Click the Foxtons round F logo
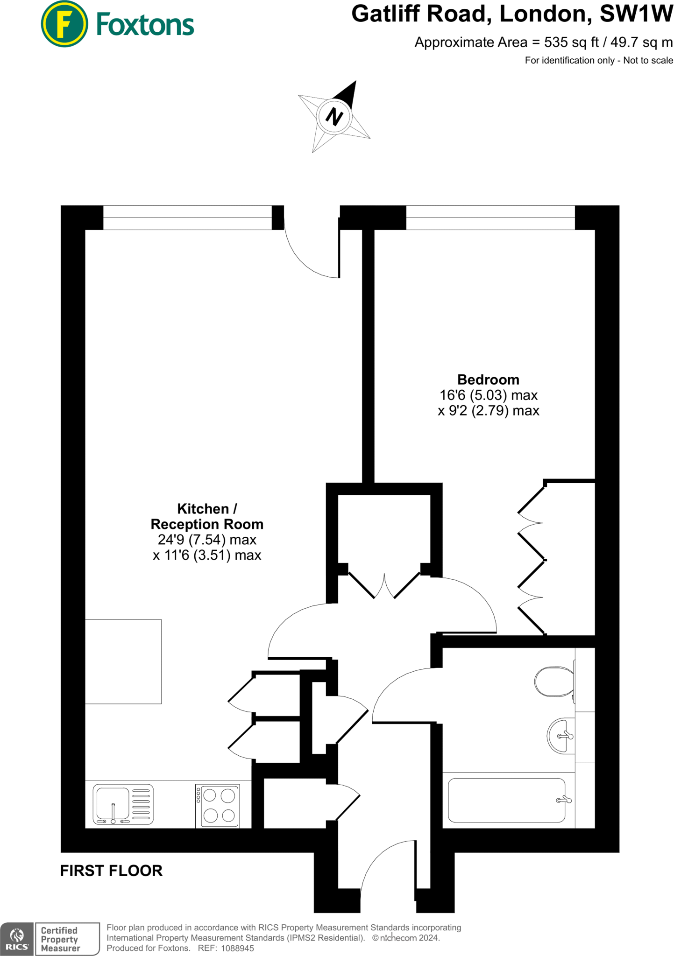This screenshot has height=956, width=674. click(64, 24)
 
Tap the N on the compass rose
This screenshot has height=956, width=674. click(334, 116)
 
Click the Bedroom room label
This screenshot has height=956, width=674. click(488, 380)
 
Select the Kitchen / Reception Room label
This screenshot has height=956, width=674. click(207, 516)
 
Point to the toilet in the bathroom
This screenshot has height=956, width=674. click(554, 681)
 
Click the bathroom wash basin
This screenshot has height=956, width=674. click(561, 736)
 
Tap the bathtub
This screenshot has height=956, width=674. click(506, 800)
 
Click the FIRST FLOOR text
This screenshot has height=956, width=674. click(111, 871)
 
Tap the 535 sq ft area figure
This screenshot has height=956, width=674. click(571, 42)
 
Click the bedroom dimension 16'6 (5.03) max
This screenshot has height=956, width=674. click(488, 395)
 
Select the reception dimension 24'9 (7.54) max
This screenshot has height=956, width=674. click(207, 540)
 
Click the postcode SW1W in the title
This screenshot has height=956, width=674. click(636, 14)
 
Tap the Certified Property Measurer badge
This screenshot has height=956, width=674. click(67, 939)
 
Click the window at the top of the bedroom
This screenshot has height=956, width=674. click(490, 218)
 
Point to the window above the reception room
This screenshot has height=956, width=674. click(187, 218)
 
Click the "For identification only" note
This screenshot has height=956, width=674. click(599, 60)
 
